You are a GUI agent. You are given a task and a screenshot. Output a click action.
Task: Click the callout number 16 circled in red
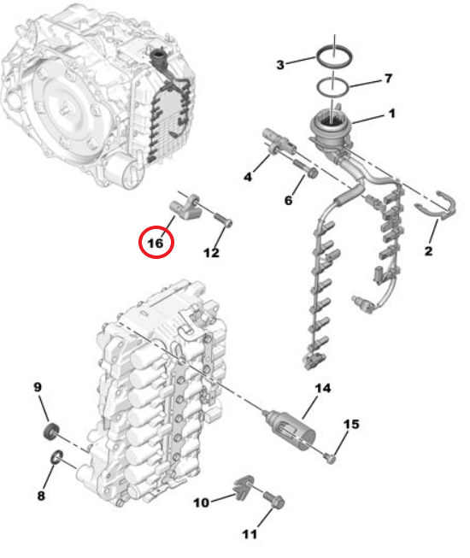tap(156, 244)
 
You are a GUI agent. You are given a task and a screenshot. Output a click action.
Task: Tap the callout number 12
tap(211, 253)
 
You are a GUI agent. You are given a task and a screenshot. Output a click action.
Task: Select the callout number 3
tap(280, 65)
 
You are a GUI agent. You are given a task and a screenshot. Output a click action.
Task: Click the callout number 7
tap(388, 79)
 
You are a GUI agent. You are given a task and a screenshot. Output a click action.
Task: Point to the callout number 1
tap(391, 114)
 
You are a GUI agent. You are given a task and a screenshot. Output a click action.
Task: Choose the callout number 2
tap(428, 251)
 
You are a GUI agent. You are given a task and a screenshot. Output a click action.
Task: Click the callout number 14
tap(323, 388)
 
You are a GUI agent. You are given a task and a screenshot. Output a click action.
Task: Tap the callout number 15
tap(351, 424)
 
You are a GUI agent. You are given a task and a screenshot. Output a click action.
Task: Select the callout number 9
tap(38, 387)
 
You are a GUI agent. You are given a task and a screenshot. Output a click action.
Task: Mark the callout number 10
tap(201, 502)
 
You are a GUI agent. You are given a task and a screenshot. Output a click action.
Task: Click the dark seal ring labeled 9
tap(50, 432)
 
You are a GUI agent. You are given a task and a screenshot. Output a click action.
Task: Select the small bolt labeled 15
tap(331, 458)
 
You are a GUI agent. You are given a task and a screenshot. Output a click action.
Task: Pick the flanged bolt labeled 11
tap(274, 501)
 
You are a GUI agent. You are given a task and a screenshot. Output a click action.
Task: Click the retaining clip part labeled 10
tap(244, 485)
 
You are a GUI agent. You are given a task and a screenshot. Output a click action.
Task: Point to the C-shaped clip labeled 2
tap(437, 207)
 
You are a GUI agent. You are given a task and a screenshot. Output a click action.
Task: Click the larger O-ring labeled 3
tap(335, 56)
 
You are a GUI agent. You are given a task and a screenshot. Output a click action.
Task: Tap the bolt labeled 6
tap(306, 168)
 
